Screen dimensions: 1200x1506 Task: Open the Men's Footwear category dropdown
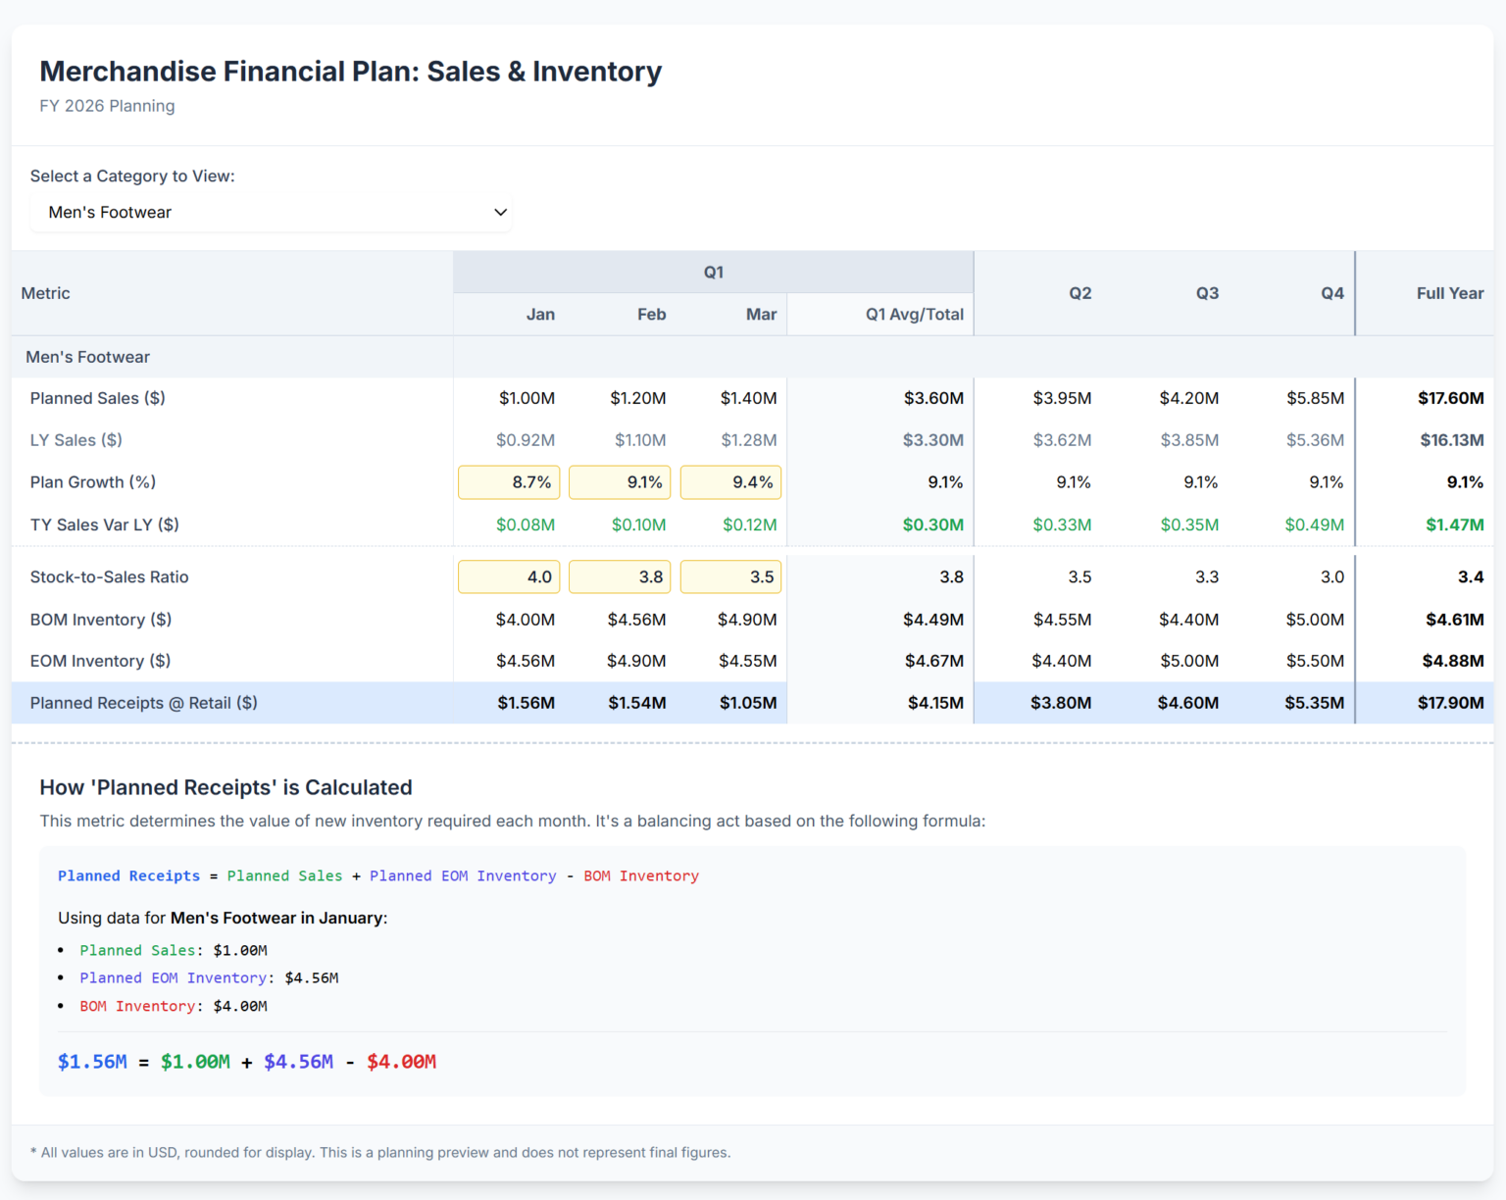coord(271,213)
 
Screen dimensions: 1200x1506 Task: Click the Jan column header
coord(540,315)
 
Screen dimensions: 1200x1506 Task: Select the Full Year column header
coord(1449,293)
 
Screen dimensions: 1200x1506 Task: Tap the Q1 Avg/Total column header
coord(914,315)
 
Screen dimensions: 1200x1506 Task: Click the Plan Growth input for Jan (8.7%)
coord(509,482)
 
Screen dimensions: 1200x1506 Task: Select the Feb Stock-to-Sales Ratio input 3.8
coord(620,577)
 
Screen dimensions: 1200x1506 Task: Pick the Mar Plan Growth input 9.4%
coord(730,482)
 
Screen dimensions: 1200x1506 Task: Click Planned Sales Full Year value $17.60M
coord(1450,398)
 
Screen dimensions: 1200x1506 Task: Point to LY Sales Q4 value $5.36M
coord(1315,440)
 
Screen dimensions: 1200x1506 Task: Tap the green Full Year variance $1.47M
coord(1454,525)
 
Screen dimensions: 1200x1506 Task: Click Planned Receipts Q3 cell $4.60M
coord(1187,703)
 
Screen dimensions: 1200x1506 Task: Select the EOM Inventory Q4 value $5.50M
coord(1315,661)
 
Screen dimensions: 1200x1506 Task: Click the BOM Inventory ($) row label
coord(101,620)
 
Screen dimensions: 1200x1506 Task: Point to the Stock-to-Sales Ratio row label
coord(109,577)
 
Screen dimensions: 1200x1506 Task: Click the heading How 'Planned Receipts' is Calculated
coord(226,787)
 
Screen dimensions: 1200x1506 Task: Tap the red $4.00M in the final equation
coord(401,1062)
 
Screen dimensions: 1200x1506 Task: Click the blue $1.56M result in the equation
coord(92,1062)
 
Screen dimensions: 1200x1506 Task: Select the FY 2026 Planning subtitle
coord(107,106)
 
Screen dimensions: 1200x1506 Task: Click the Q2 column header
coord(1079,293)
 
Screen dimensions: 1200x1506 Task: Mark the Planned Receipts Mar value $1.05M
coord(747,703)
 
